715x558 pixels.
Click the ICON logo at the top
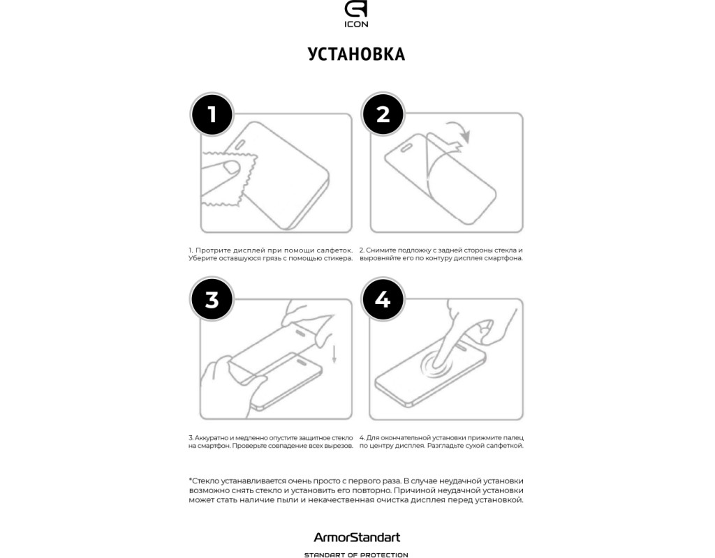pos(356,14)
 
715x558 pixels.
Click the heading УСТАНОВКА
pos(356,54)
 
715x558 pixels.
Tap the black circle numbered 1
pos(212,114)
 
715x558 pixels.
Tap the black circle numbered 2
pos(383,114)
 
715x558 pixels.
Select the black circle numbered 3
pos(212,300)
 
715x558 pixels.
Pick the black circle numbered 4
pos(383,300)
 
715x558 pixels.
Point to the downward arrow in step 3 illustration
pos(334,354)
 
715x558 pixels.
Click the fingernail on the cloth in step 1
pos(232,168)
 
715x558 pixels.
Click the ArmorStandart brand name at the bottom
pos(357,538)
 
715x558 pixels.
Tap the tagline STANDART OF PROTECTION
pos(356,555)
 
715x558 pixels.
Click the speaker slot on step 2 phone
pos(406,147)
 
